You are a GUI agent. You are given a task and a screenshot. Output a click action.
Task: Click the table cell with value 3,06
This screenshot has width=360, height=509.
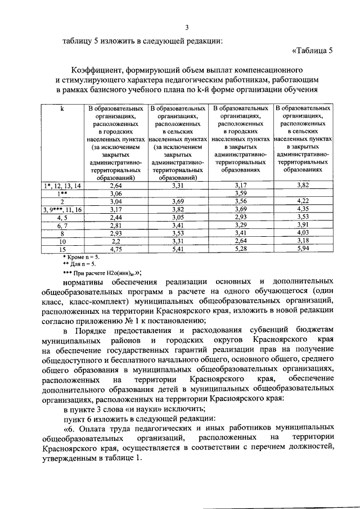tap(116, 193)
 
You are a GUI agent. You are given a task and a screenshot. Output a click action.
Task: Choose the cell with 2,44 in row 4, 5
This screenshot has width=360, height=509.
tap(116, 217)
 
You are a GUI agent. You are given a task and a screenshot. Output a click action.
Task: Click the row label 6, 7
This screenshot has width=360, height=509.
tap(62, 225)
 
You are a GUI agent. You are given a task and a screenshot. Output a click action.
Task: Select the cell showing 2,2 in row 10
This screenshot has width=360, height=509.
tap(116, 241)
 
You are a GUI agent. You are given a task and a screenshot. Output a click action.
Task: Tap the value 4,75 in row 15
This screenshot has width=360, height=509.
tap(116, 249)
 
